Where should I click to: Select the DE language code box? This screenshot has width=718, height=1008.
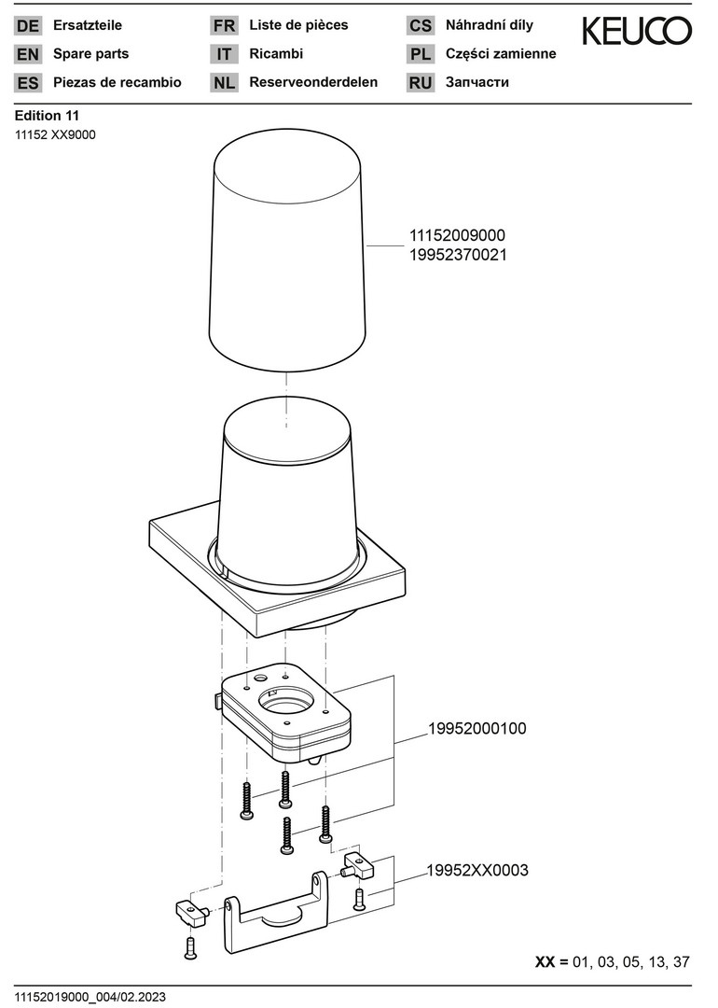tap(28, 26)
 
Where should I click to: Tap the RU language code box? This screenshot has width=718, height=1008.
tap(420, 83)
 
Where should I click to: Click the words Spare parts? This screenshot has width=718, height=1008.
tap(90, 54)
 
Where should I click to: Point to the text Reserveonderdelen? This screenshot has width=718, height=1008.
tap(313, 82)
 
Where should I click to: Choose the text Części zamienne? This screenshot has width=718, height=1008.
tap(501, 54)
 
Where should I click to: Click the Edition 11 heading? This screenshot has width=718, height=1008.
tap(47, 116)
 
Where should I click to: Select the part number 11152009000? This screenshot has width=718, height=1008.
tap(457, 235)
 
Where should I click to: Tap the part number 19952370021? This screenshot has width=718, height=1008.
tap(458, 255)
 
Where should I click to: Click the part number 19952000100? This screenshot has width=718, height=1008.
tap(477, 728)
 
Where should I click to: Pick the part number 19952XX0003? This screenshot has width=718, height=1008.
tap(477, 871)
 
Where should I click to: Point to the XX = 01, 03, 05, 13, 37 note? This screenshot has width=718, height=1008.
tap(612, 962)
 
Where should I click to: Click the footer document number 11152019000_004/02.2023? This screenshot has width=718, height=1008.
tap(90, 997)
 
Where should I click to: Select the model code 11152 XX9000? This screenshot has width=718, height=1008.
tap(55, 135)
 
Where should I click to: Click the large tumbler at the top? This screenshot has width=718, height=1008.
tap(288, 252)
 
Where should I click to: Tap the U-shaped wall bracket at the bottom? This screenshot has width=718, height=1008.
tap(276, 917)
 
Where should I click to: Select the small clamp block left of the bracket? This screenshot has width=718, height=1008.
tap(190, 912)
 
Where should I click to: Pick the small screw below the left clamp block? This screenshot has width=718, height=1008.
tap(190, 948)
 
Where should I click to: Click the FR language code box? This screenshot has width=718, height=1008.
tap(224, 26)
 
